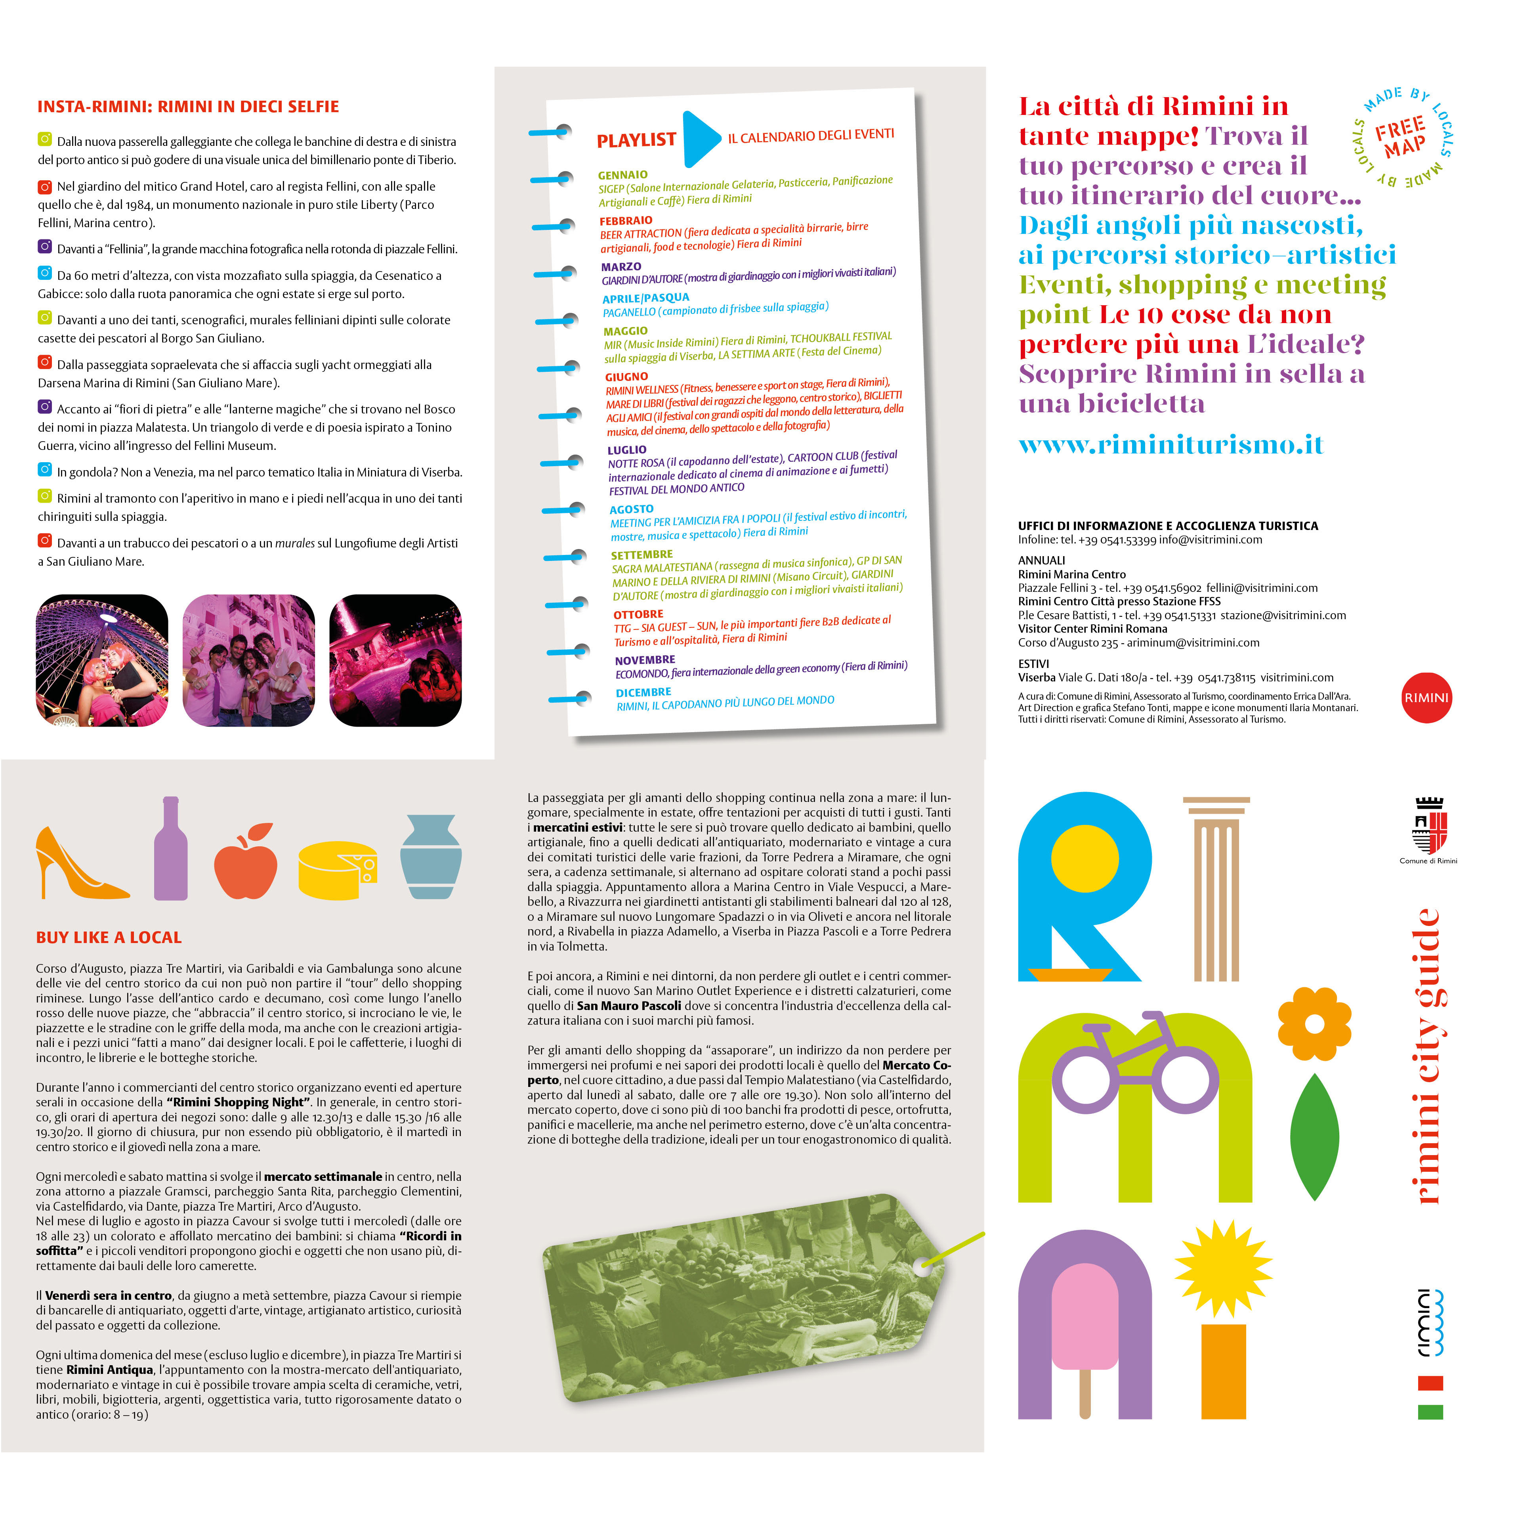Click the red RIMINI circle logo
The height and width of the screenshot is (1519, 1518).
(1427, 697)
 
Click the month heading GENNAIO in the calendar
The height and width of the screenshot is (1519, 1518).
(622, 174)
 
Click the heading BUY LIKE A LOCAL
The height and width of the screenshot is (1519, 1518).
(109, 937)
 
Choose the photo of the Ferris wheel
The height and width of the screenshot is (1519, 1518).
(102, 660)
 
